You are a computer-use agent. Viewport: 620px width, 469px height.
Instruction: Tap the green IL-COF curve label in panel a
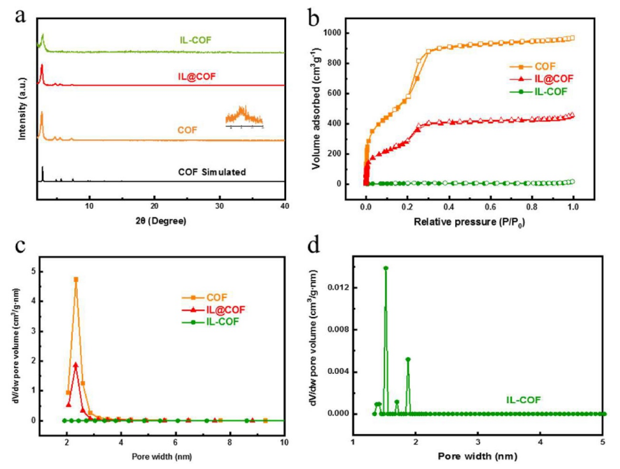click(195, 40)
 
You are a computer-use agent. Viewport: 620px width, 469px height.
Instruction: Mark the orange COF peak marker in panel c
click(76, 279)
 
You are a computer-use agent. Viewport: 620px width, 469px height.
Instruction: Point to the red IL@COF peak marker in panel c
click(76, 365)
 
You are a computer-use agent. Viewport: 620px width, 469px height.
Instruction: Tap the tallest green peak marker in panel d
click(386, 269)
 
